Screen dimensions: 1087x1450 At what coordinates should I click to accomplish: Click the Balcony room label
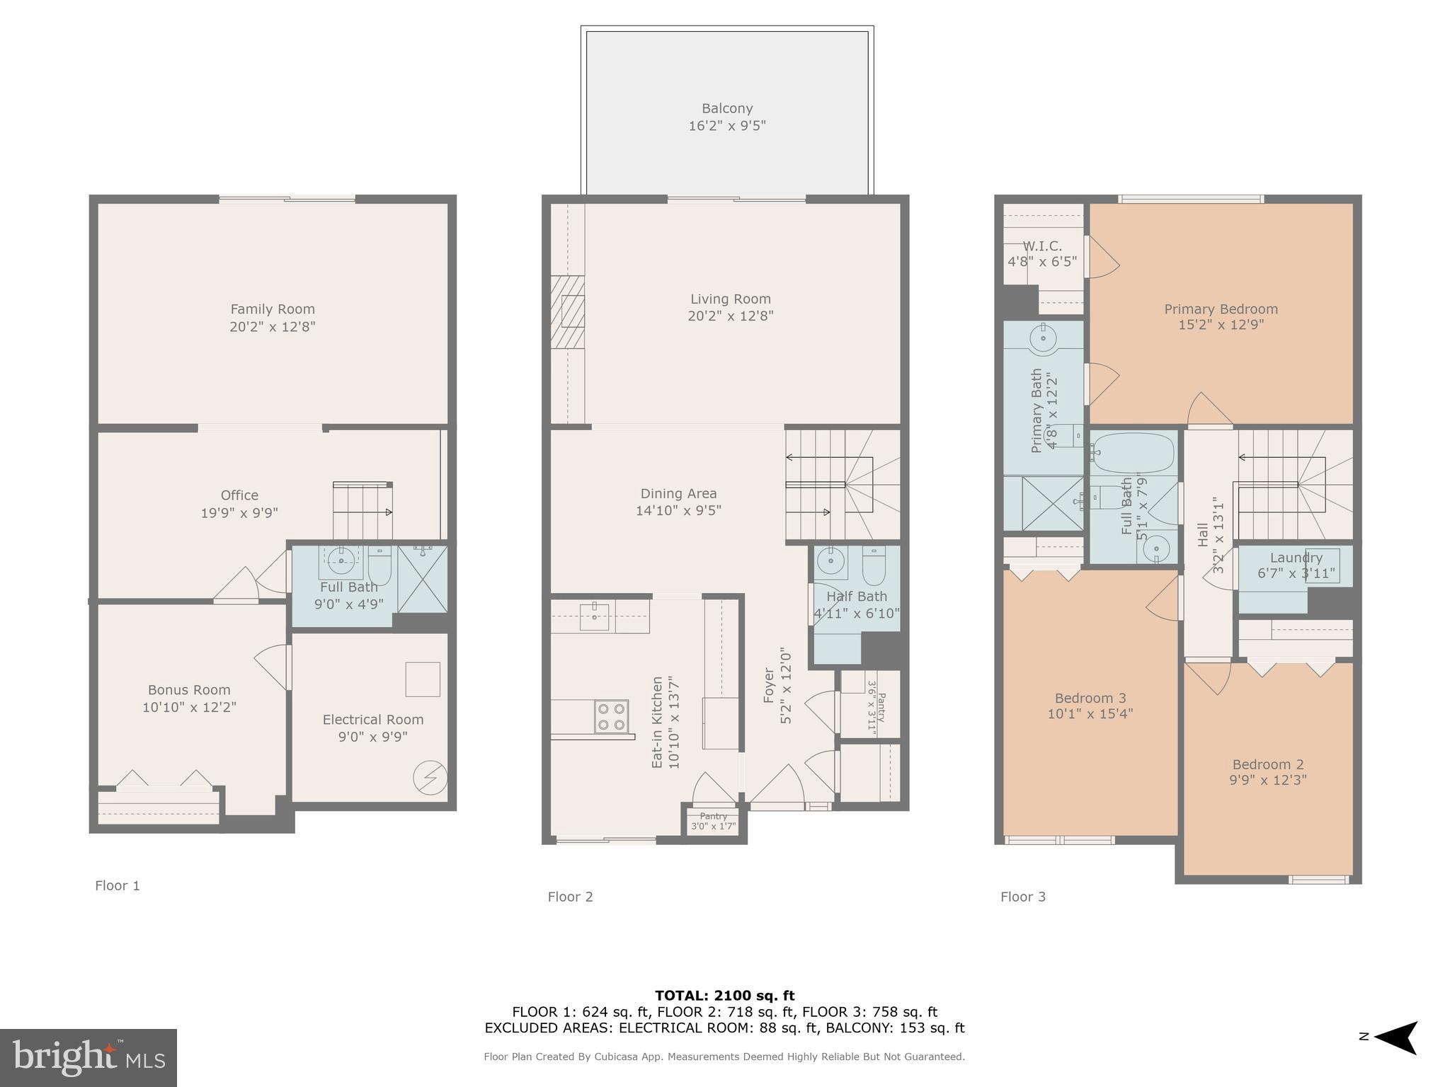(x=726, y=109)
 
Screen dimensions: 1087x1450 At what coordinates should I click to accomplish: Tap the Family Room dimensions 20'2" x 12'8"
(x=272, y=327)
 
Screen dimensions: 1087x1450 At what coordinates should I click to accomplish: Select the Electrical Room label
(x=373, y=720)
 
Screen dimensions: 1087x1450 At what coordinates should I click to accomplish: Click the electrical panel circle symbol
(x=430, y=778)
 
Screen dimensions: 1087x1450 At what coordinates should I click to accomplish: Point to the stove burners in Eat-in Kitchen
(x=611, y=715)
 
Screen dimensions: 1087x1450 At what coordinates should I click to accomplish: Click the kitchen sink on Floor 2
(x=594, y=617)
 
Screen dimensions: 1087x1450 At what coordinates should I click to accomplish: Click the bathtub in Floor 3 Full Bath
(x=1133, y=452)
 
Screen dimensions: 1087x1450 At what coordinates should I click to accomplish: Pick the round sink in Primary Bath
(x=1044, y=339)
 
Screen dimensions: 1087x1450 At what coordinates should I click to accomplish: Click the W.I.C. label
(x=1042, y=246)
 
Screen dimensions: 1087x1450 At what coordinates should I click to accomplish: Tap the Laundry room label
(x=1296, y=558)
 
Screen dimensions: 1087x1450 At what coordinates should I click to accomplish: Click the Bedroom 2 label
(x=1267, y=764)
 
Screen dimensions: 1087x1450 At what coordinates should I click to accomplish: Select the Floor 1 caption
(x=118, y=885)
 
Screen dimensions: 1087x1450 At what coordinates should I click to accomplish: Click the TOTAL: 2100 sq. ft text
(x=724, y=996)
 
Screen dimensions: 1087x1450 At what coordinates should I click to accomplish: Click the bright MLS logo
(x=89, y=1058)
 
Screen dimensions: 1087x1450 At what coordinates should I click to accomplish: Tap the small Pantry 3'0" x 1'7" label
(x=713, y=821)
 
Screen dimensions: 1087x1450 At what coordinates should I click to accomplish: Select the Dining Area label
(x=678, y=494)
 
